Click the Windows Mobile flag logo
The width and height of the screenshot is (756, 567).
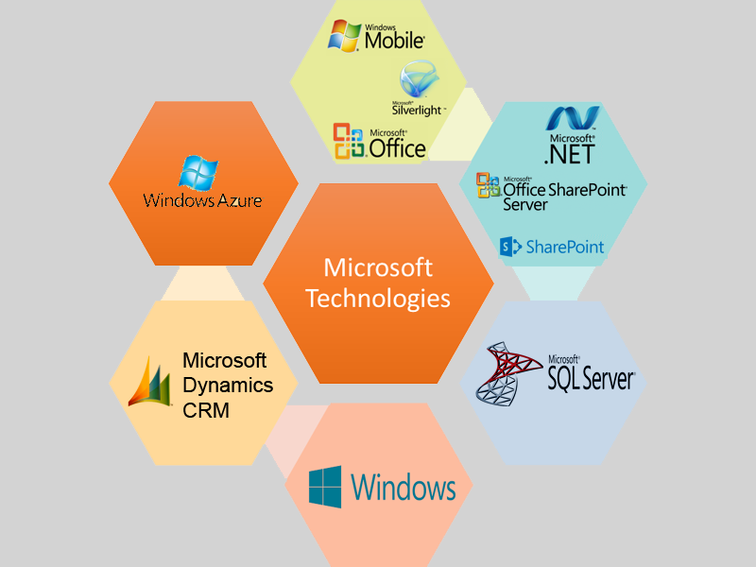(344, 34)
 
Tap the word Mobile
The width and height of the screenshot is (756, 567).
(395, 41)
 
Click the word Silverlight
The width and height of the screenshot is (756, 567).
(417, 109)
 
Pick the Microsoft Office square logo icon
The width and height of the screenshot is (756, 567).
(349, 141)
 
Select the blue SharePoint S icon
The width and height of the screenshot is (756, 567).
(511, 247)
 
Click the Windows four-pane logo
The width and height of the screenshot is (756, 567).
(325, 487)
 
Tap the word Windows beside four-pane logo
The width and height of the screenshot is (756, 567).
(404, 488)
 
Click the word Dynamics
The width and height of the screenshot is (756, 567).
(228, 386)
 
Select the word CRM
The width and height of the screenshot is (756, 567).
(206, 411)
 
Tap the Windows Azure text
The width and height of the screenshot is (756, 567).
(202, 200)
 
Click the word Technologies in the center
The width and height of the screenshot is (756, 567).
(378, 299)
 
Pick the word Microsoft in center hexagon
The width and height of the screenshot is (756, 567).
(378, 267)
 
